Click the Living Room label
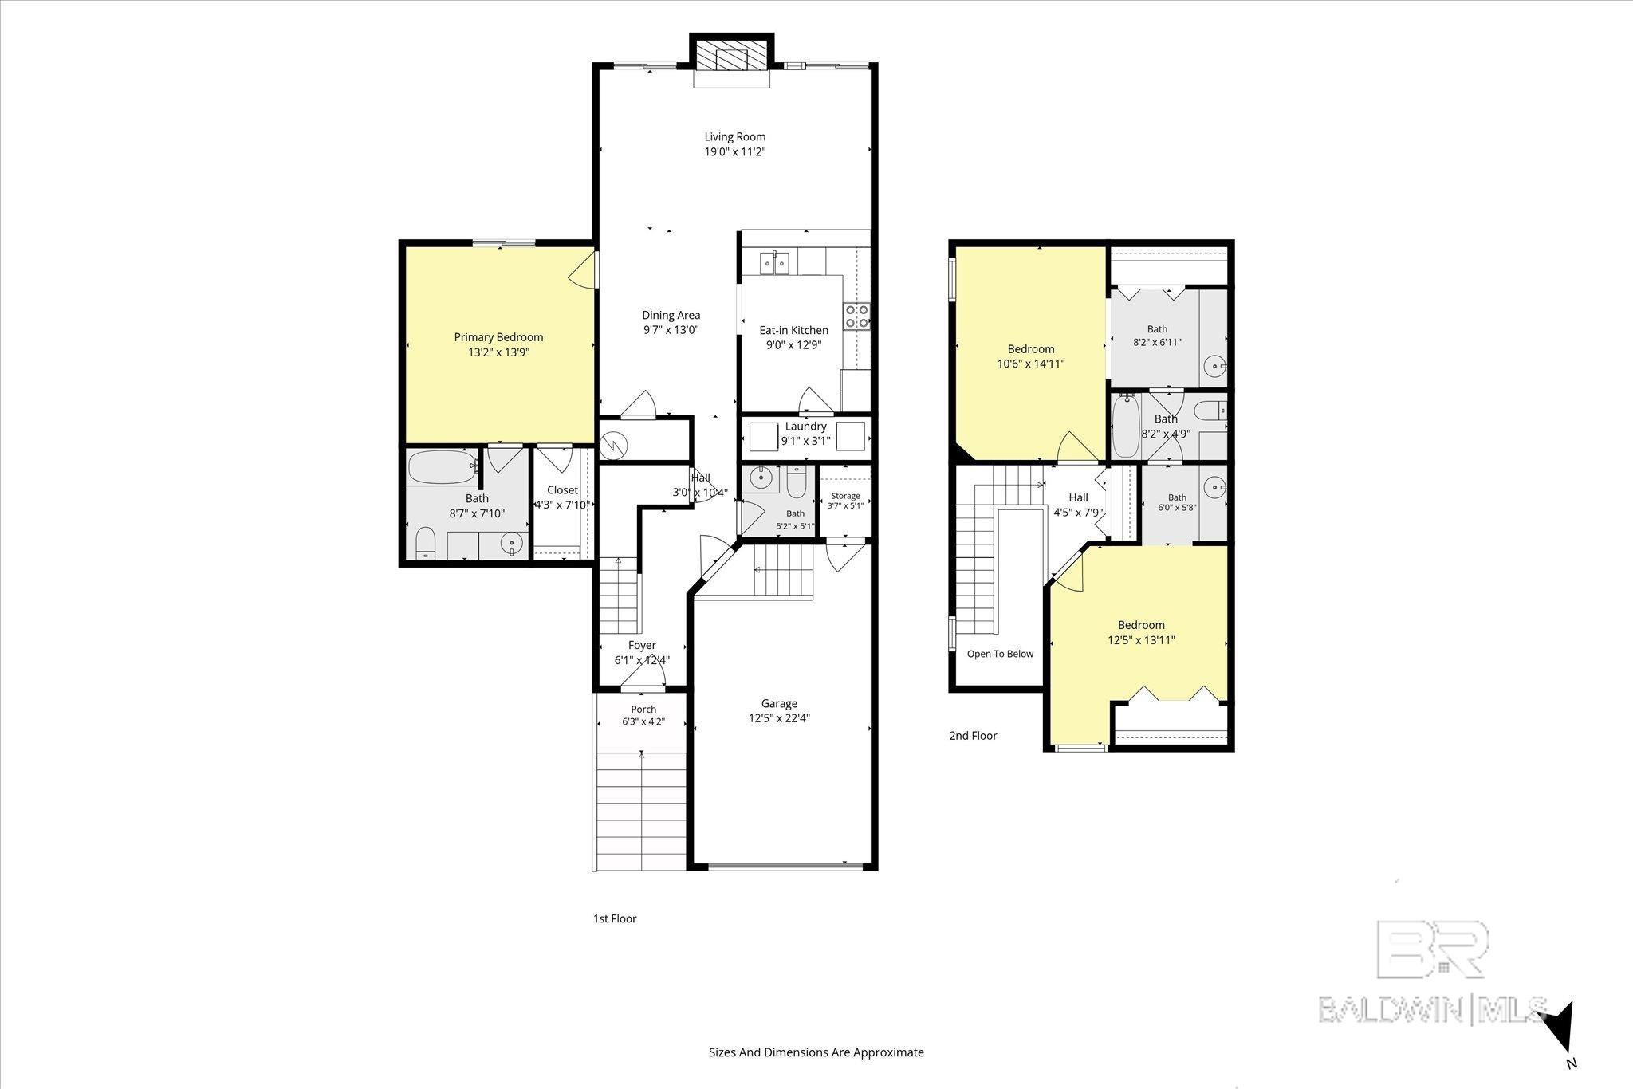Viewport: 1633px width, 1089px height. (x=734, y=136)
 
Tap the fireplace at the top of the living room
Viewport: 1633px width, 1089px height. (x=731, y=56)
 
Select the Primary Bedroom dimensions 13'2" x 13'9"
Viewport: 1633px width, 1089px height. (x=498, y=352)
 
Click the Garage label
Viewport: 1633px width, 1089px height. (x=779, y=703)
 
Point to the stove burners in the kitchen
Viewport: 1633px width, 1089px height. (x=857, y=316)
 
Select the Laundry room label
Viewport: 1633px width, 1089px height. (x=806, y=427)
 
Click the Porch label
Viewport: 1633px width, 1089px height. (x=643, y=709)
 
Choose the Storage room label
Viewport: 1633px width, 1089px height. (x=845, y=496)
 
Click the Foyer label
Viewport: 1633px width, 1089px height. (x=642, y=645)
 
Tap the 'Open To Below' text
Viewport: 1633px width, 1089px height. (x=1000, y=654)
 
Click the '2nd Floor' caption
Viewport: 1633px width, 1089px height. (x=973, y=736)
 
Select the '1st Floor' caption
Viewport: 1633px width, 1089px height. (x=615, y=918)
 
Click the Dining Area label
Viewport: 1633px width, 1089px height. (x=671, y=315)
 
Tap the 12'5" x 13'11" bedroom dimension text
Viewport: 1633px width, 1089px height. (x=1141, y=640)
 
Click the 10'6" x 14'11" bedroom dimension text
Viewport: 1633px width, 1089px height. (x=1031, y=364)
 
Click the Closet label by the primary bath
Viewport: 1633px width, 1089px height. (x=562, y=490)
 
